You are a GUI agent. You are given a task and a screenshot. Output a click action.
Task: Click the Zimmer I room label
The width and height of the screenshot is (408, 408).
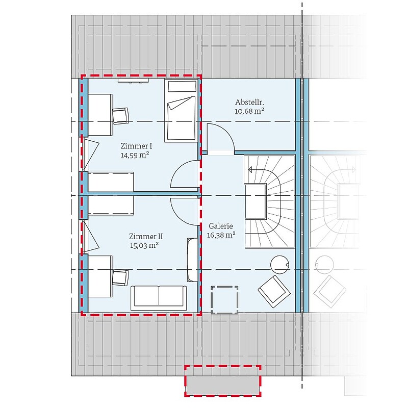136,146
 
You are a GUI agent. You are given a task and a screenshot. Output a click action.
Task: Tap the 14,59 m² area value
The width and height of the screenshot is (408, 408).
135,155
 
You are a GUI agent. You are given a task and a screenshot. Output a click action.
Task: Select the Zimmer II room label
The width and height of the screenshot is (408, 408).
146,237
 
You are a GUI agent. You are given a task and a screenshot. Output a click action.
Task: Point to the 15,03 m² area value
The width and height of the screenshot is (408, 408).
144,245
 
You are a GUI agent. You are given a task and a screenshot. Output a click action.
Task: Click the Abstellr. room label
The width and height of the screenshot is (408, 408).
249,102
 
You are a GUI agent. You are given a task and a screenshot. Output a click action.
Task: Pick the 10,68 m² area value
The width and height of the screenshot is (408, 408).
249,111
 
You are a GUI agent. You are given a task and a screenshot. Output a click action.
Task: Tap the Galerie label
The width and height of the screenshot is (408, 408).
221,226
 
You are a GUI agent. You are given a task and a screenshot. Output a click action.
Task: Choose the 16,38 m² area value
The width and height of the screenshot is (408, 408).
221,235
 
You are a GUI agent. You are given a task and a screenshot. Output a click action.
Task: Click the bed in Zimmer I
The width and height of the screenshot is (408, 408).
181,111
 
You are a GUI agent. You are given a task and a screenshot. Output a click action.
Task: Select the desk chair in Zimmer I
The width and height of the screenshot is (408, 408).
120,116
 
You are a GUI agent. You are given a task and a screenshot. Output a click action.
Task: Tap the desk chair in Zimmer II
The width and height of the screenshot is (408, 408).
120,277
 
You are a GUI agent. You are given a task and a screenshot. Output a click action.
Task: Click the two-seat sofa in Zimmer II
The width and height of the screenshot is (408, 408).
159,298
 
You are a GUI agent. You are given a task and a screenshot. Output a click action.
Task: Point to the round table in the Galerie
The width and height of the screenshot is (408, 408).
279,265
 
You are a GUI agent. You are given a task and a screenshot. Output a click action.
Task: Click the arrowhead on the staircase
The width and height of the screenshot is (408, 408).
250,170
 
